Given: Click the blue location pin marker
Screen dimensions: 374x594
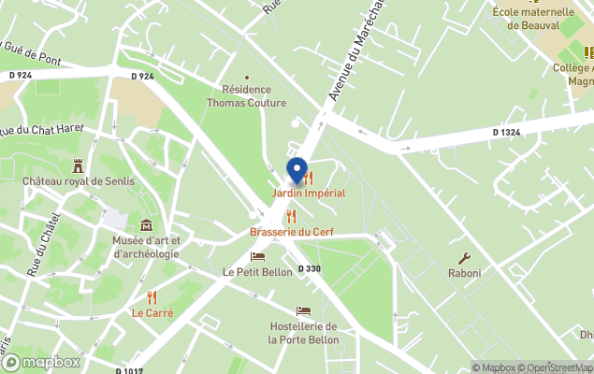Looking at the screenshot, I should [x=297, y=171].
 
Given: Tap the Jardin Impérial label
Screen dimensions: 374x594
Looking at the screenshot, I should [x=309, y=194].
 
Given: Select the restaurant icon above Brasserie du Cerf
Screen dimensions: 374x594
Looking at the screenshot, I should [x=291, y=216].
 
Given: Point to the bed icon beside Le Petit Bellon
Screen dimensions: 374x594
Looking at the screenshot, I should [x=257, y=256].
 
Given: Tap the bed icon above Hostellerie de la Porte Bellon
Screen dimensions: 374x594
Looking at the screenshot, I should [x=303, y=310].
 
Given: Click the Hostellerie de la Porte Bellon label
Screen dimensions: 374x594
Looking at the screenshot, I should [x=303, y=333].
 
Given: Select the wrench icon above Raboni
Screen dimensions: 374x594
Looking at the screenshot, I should [x=464, y=258].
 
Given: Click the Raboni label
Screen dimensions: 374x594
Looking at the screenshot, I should [x=464, y=274].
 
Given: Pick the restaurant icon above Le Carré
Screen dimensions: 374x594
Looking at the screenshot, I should [x=152, y=297].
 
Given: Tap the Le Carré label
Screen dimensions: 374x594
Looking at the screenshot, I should [x=152, y=313].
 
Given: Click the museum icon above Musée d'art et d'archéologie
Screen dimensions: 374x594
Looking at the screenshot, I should [x=146, y=225].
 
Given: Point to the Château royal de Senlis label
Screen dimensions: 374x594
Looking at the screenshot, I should [x=79, y=181].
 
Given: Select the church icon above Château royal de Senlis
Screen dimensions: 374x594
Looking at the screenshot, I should [x=79, y=165].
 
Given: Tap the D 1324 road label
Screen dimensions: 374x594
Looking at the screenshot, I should [x=507, y=133].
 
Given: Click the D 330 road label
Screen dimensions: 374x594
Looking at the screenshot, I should [x=310, y=269].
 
